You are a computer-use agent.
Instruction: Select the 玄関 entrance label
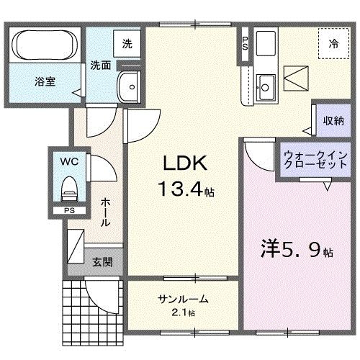coord(101,261)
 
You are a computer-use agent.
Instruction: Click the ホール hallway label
coord(106,212)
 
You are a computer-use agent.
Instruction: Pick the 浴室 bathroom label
coord(45,82)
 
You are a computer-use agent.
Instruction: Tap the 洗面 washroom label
coord(100,66)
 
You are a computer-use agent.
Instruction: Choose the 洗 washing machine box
coord(127,42)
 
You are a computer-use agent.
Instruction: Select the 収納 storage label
coord(332,119)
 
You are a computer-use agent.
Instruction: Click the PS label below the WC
coord(69,211)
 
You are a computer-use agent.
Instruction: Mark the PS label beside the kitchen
coord(246,42)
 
